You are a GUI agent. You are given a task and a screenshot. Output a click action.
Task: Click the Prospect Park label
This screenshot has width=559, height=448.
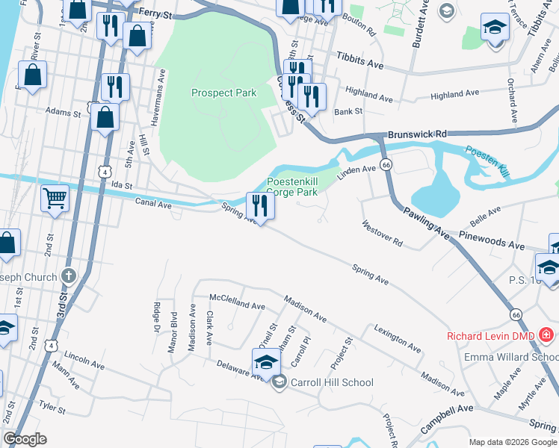click(x=223, y=93)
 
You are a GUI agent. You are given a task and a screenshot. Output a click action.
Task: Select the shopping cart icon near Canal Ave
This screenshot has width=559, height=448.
click(x=55, y=199)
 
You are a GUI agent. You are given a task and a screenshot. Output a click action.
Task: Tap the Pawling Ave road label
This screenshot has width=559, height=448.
click(x=424, y=222)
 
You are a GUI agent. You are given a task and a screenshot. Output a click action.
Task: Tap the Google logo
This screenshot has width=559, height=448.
click(x=25, y=439)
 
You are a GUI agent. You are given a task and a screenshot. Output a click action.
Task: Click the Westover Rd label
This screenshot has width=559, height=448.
click(x=382, y=234)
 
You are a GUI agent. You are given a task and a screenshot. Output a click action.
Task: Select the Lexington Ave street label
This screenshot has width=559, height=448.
click(x=396, y=337)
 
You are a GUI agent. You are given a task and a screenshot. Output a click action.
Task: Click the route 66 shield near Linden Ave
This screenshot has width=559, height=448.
click(x=385, y=164)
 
